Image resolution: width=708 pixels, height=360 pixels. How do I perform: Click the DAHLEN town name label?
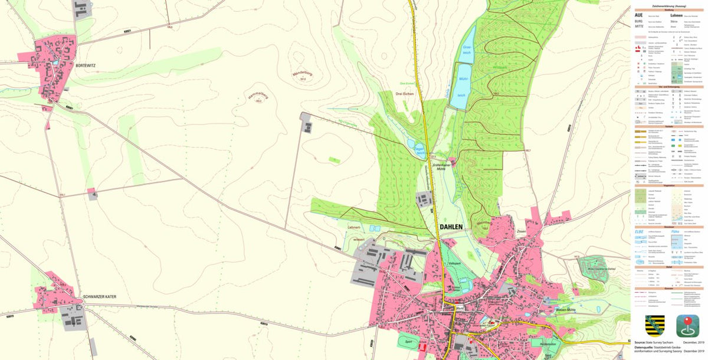454,226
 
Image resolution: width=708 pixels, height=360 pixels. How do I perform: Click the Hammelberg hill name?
258,97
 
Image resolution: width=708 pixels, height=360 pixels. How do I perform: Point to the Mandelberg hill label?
301,74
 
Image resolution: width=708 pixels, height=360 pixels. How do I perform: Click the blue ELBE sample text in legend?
639,231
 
